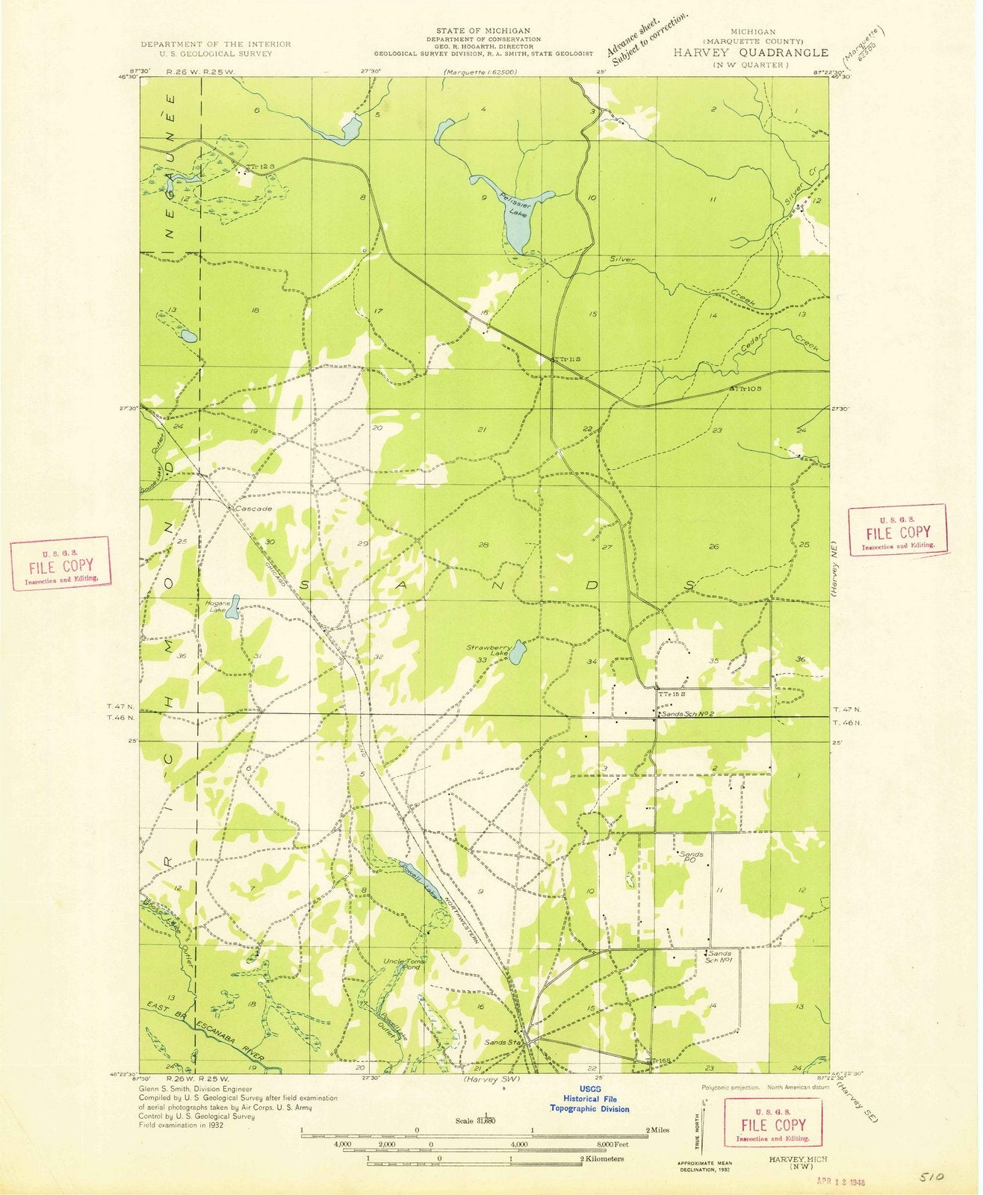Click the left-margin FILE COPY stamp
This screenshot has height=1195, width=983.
(61, 563)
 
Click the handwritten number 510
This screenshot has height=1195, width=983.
(933, 1177)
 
